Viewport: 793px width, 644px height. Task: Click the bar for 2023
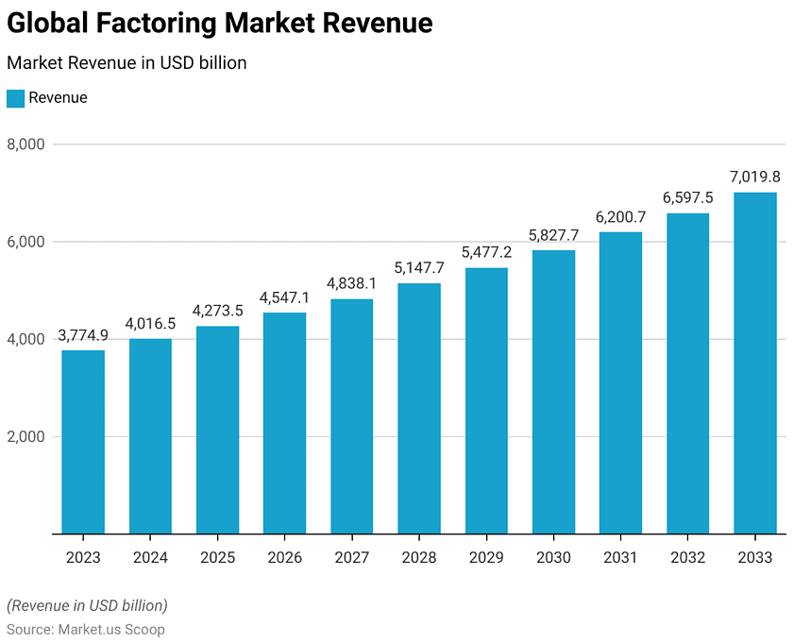tap(83, 442)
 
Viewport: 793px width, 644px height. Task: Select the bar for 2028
tap(419, 408)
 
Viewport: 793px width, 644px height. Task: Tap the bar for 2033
tap(755, 363)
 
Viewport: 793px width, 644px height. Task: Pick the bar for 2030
tap(553, 391)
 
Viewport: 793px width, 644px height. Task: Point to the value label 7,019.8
tap(755, 177)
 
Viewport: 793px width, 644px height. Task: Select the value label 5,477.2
tap(486, 252)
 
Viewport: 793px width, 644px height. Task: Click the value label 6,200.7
tap(620, 217)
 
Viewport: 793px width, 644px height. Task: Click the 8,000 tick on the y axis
tap(26, 144)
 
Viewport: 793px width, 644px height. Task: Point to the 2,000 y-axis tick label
tap(26, 437)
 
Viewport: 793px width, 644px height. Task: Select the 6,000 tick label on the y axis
tap(26, 242)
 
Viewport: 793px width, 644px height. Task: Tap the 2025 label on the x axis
tap(217, 558)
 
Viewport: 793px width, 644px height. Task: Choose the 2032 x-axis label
tap(687, 558)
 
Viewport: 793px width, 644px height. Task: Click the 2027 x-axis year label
tap(351, 558)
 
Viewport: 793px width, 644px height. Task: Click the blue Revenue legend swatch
tap(15, 98)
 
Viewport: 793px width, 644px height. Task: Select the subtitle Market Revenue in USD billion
tap(127, 63)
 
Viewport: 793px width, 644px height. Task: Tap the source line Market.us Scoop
tap(86, 629)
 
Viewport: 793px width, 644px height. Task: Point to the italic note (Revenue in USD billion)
tap(87, 605)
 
